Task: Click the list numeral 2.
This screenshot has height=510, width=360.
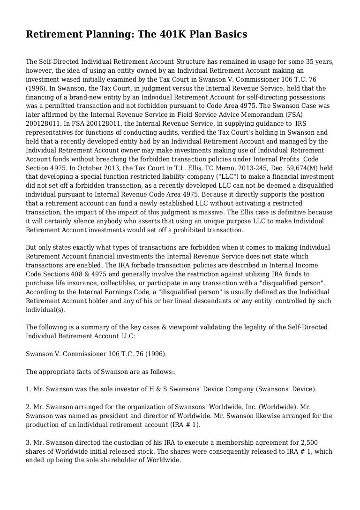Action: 28,408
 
